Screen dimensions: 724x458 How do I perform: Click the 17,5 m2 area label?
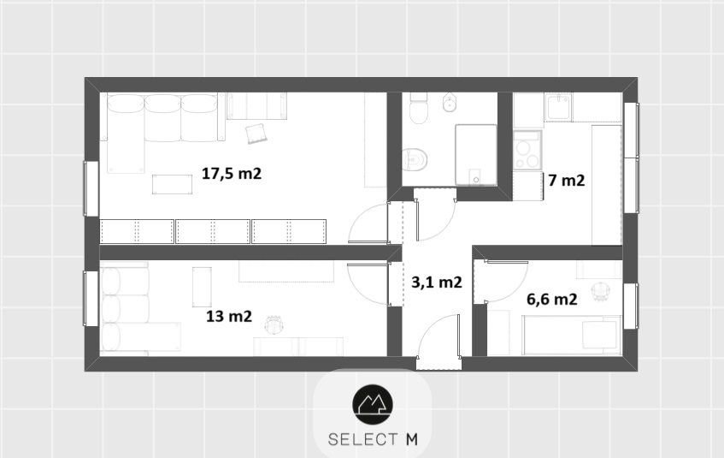(x=232, y=174)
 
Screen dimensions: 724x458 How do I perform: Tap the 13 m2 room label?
(x=229, y=317)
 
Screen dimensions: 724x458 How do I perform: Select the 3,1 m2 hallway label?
(x=436, y=282)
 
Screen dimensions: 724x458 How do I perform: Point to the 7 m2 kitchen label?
(x=567, y=181)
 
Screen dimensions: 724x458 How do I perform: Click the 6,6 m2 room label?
(x=552, y=300)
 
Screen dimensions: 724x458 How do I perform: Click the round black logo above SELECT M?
(x=373, y=405)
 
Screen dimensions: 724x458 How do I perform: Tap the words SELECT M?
(x=373, y=439)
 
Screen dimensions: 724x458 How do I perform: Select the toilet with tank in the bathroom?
(x=419, y=108)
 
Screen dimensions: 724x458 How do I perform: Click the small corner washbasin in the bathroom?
(x=450, y=103)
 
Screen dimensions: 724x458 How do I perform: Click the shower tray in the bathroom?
(x=476, y=154)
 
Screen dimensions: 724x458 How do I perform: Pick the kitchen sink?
(x=558, y=107)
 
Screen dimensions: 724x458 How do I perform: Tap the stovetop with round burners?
(x=527, y=150)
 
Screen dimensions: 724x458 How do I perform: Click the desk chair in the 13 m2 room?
(x=274, y=324)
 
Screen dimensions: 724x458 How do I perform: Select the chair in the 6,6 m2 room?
(x=601, y=291)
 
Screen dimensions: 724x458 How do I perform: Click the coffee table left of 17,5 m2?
(x=172, y=184)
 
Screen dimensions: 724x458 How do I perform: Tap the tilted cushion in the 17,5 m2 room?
(x=256, y=134)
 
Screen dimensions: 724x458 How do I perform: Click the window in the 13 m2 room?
(x=91, y=299)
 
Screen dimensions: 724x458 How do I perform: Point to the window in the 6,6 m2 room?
(x=631, y=306)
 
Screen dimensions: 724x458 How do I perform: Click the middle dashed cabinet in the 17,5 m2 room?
(x=213, y=231)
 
